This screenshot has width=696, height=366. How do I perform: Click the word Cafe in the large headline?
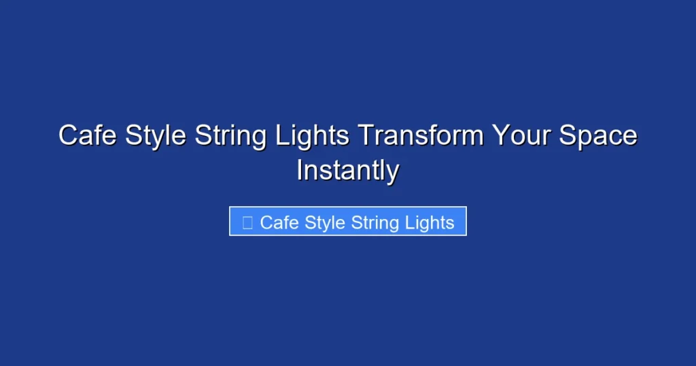84,135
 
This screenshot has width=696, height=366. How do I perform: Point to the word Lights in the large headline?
313,135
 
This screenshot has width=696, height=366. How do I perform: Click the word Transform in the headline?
421,135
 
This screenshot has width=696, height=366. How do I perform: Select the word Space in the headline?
598,135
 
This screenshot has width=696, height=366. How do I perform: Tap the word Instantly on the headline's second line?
347,170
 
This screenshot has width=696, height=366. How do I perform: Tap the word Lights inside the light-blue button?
428,222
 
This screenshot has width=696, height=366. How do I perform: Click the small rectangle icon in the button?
247,222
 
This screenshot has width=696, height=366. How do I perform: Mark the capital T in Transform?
365,135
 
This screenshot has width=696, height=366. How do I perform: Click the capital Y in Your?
502,135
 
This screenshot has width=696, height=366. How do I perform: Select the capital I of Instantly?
300,170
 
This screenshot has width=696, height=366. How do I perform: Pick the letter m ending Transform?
472,137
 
